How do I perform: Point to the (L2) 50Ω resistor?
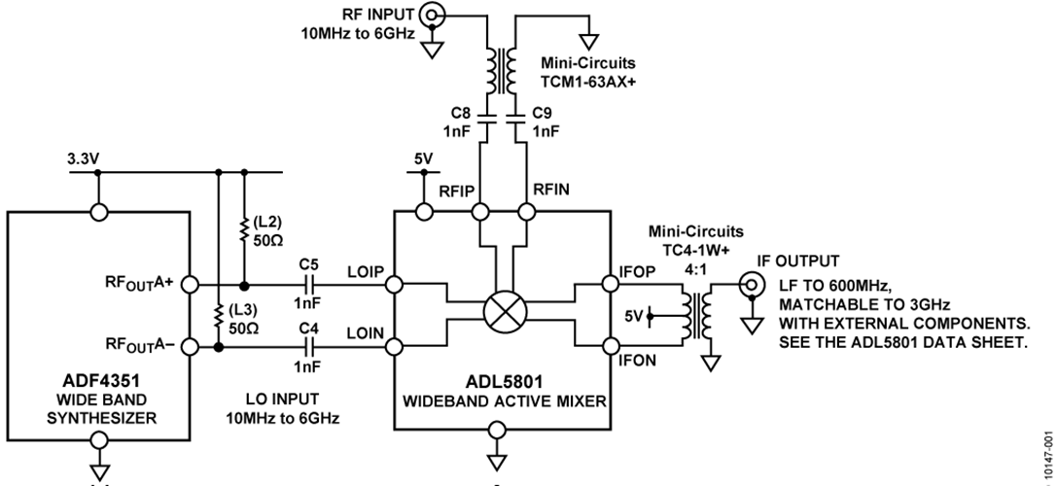[x=243, y=229]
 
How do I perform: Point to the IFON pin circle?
[x=611, y=343]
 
